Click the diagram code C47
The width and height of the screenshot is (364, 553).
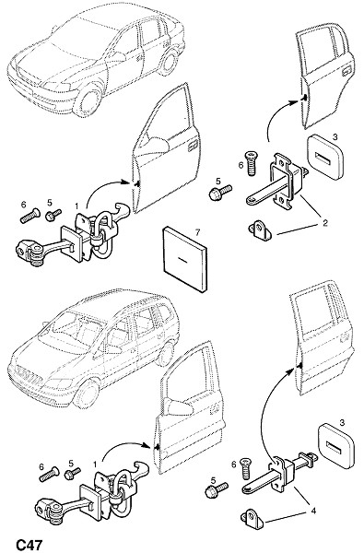tap(29, 545)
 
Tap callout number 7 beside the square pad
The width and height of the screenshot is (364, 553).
tap(197, 232)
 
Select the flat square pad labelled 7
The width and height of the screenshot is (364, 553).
tap(185, 259)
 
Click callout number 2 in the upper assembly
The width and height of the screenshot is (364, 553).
tap(325, 222)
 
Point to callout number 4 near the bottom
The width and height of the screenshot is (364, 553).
tap(313, 511)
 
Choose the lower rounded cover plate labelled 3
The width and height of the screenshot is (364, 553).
tap(336, 446)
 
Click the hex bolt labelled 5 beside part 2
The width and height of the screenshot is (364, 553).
tap(220, 193)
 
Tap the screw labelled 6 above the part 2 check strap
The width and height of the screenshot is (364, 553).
tap(252, 163)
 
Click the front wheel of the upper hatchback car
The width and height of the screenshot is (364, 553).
tap(88, 100)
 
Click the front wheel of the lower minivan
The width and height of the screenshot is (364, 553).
tap(87, 393)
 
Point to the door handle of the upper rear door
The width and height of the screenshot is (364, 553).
tap(347, 71)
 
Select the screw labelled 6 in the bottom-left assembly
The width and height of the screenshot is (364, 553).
tap(50, 475)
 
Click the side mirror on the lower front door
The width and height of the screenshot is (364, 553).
tap(181, 407)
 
